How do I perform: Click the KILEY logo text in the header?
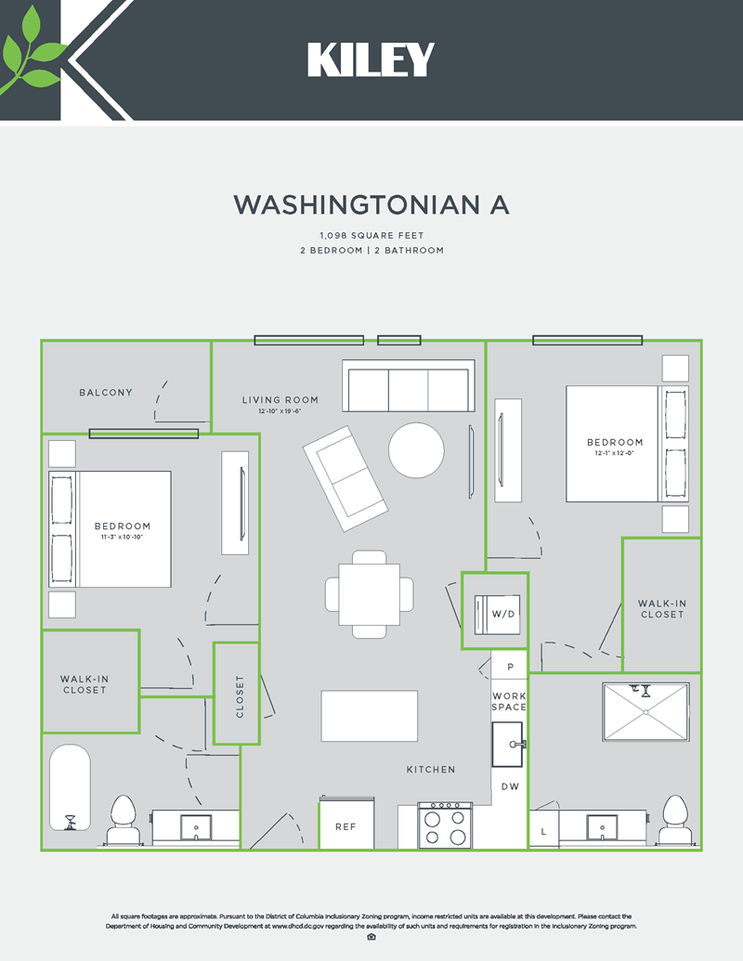pyautogui.click(x=371, y=60)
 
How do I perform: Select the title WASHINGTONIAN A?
pyautogui.click(x=371, y=204)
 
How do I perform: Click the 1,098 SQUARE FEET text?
pyautogui.click(x=371, y=236)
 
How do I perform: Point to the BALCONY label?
pyautogui.click(x=106, y=393)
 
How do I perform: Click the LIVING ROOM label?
pyautogui.click(x=280, y=400)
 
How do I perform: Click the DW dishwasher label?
pyautogui.click(x=510, y=786)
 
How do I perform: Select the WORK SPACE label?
pyautogui.click(x=509, y=701)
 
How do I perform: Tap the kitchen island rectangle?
pyautogui.click(x=369, y=715)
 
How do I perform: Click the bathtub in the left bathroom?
pyautogui.click(x=69, y=788)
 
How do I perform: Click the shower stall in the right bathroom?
pyautogui.click(x=646, y=712)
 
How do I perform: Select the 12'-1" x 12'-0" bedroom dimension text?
pyautogui.click(x=615, y=454)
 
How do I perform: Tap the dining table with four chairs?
pyautogui.click(x=370, y=593)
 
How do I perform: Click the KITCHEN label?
pyautogui.click(x=431, y=770)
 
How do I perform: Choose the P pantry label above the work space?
pyautogui.click(x=510, y=668)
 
